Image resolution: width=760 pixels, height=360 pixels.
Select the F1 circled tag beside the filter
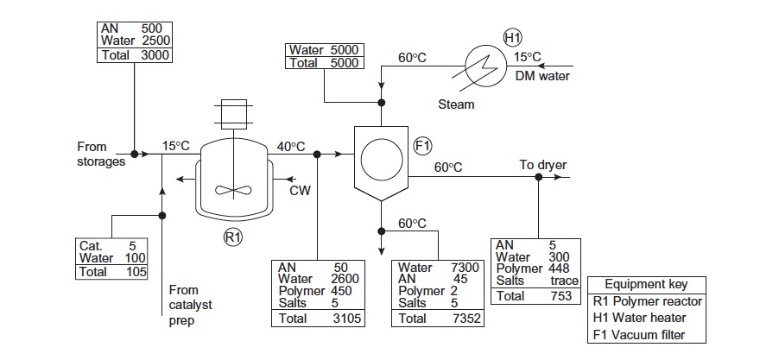coord(424,146)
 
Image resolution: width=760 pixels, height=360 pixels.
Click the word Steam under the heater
coord(456,104)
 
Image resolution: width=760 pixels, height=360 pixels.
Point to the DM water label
coord(541,76)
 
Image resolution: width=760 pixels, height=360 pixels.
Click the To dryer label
coord(541,164)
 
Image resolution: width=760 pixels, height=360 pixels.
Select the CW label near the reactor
coord(300,190)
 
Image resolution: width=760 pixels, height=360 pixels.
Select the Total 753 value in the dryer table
coord(560,296)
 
